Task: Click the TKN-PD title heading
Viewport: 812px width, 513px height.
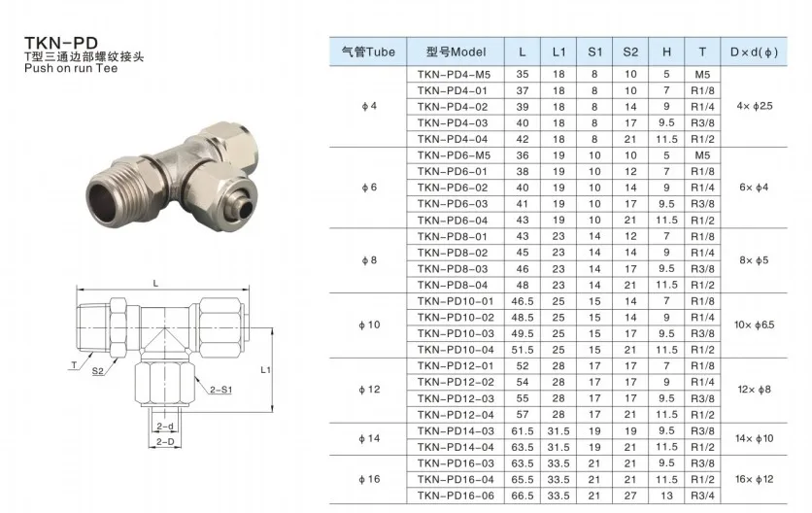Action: pos(61,43)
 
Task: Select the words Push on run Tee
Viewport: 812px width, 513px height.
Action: pos(71,68)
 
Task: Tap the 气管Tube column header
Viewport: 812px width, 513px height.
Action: pos(368,51)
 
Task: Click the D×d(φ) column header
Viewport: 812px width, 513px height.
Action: pos(754,51)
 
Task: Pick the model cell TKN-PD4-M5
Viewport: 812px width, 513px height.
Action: pos(454,75)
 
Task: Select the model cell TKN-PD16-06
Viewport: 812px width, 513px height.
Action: pos(456,496)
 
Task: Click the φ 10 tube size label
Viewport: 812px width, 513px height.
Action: pos(369,325)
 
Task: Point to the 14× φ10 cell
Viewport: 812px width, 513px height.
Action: pos(754,439)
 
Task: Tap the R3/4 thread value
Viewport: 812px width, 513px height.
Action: pos(702,496)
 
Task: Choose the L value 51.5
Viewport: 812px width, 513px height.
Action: pos(523,351)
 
